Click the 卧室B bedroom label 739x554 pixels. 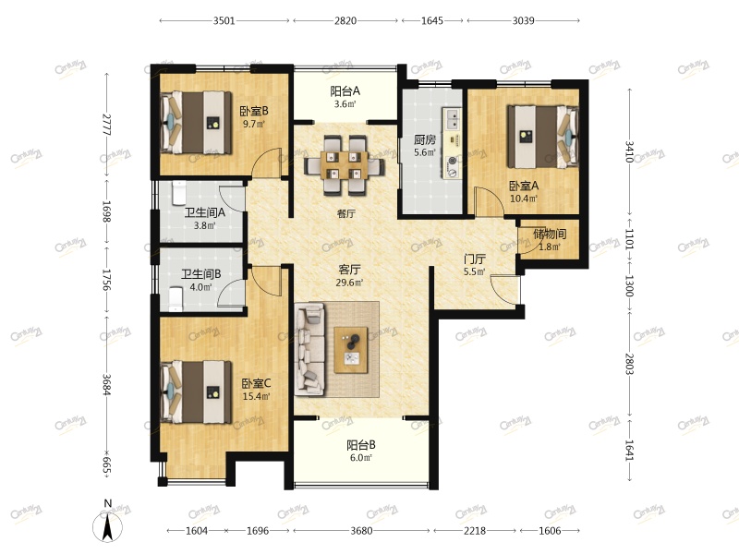254,111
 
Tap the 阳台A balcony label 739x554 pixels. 345,90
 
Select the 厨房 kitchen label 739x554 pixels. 425,139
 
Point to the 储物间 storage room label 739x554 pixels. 550,234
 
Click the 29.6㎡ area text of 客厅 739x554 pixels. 349,283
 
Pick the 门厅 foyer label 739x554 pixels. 475,259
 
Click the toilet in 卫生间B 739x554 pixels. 176,299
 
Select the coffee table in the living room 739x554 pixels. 351,350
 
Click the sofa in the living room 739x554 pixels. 309,349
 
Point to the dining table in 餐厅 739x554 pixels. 345,165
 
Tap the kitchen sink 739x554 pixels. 452,119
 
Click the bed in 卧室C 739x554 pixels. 196,391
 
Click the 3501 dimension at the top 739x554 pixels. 224,20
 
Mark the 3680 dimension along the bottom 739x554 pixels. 361,531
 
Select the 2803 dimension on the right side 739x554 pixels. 629,364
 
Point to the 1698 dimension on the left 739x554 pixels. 106,211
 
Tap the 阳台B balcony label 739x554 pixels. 361,445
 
